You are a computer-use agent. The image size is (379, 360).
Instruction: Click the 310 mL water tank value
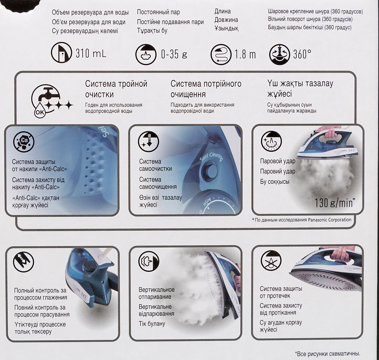91,53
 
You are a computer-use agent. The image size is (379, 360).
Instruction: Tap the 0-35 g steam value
174,54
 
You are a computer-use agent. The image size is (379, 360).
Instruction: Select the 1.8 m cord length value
245,55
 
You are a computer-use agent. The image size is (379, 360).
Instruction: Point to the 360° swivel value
302,54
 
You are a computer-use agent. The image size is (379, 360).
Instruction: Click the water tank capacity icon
61,52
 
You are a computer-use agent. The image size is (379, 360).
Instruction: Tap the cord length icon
221,55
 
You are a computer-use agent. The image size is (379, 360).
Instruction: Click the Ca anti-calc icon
24,141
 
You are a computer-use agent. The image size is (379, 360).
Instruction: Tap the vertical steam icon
149,262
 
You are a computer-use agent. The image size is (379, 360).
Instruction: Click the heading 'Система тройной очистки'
116,89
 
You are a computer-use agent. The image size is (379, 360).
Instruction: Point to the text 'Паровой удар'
278,161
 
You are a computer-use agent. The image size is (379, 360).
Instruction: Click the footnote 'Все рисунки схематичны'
327,354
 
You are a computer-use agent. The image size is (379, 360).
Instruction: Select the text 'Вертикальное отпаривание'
157,293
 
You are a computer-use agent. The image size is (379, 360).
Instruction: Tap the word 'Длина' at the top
222,11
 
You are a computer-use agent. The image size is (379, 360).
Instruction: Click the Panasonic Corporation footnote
302,220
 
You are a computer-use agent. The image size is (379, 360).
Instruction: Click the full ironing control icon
23,262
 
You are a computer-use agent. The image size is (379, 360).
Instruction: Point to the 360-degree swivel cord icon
280,55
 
